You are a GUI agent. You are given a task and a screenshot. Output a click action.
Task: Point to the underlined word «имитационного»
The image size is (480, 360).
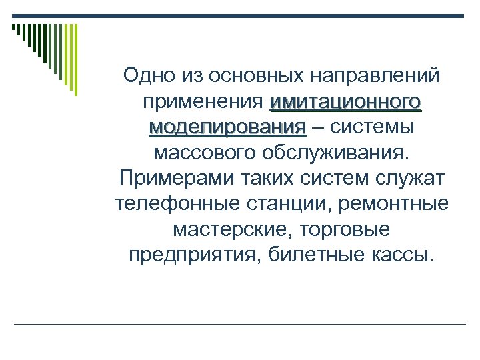click(x=345, y=102)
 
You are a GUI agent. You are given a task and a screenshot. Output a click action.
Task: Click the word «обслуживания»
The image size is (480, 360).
click(x=345, y=153)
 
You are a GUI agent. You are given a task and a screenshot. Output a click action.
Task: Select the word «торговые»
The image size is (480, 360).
click(x=349, y=230)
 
